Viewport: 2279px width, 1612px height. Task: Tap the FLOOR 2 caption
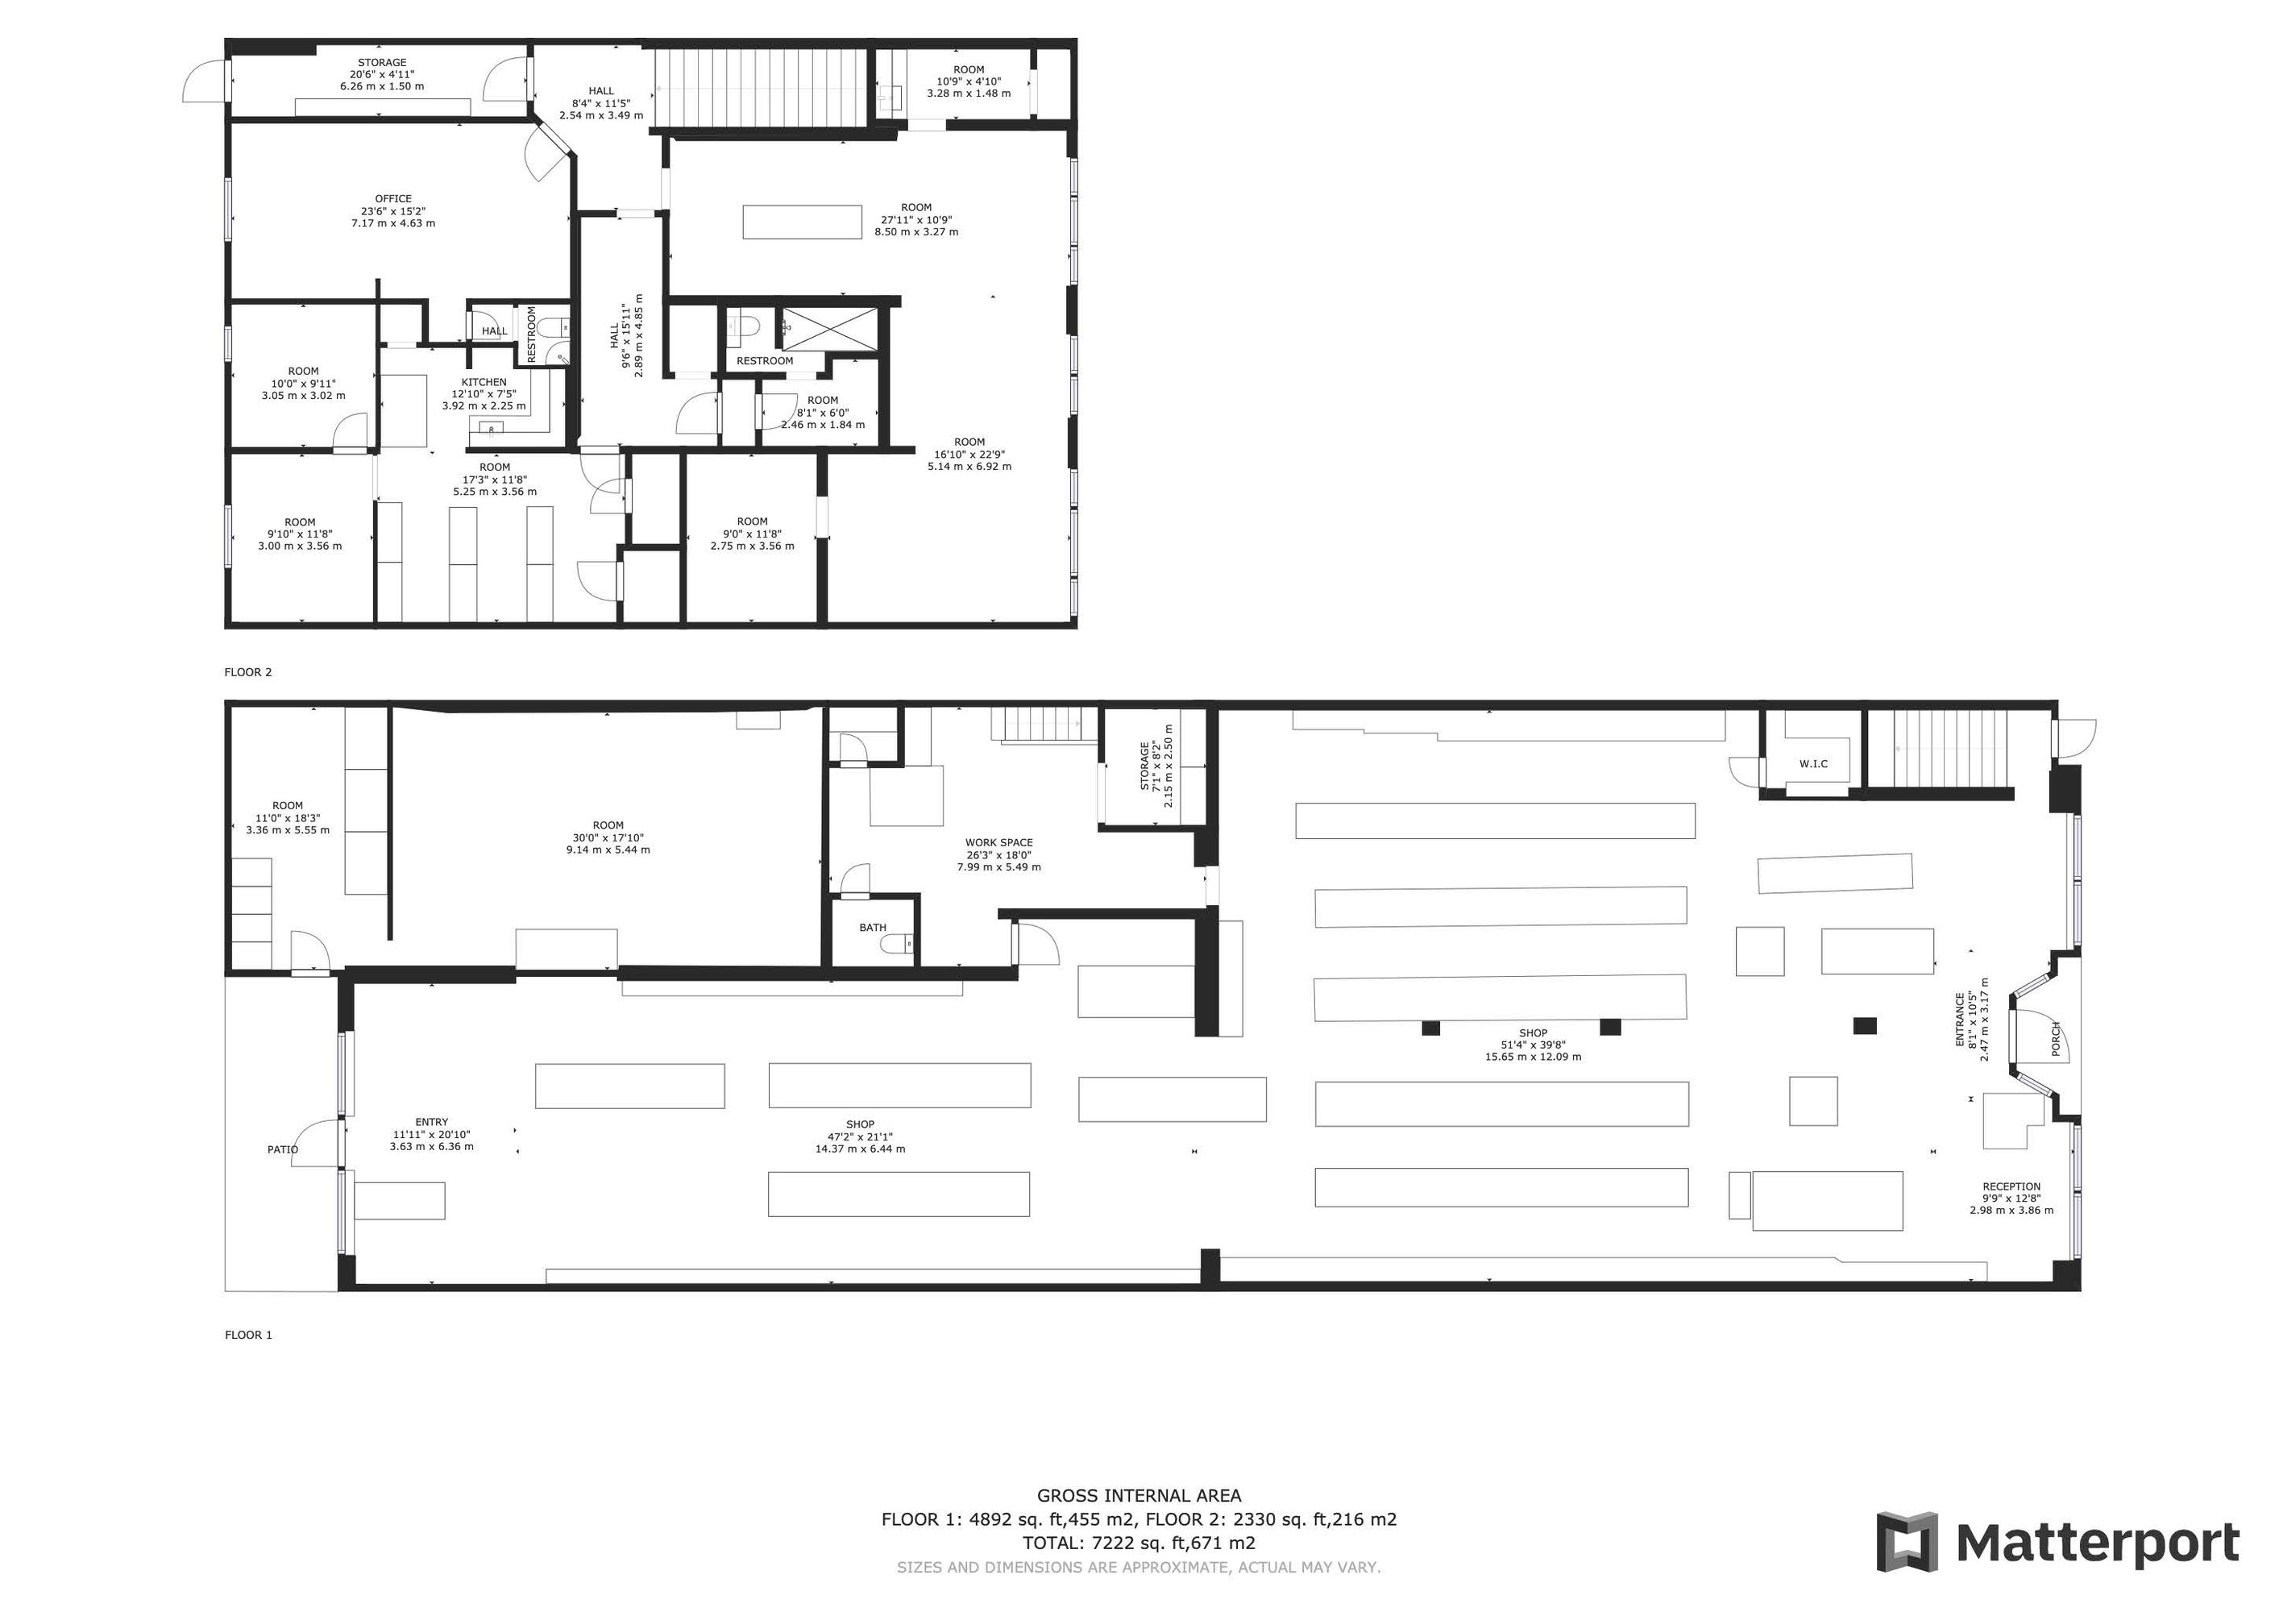click(x=248, y=672)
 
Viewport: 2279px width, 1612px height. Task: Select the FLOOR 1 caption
click(x=248, y=1335)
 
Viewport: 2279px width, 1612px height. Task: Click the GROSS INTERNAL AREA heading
click(x=1139, y=1496)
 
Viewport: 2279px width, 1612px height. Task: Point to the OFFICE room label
click(x=393, y=198)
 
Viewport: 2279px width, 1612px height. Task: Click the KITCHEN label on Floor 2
click(x=484, y=382)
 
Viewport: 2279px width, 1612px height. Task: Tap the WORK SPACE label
click(x=998, y=843)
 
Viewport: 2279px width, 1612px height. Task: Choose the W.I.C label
click(x=1813, y=763)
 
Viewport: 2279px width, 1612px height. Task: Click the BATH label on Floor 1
click(x=873, y=928)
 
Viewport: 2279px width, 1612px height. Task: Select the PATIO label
click(x=282, y=1149)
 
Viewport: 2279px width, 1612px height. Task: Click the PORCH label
click(x=2057, y=1038)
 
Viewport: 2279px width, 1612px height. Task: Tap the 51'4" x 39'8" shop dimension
click(x=1533, y=1045)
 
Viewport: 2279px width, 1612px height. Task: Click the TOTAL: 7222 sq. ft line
click(x=1139, y=1543)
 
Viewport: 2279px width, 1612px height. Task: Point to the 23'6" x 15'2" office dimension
click(x=393, y=210)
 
